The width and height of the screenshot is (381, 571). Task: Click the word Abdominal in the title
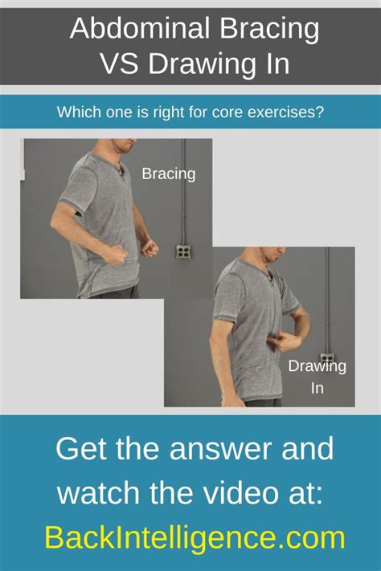pyautogui.click(x=129, y=30)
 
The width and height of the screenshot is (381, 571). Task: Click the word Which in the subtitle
pyautogui.click(x=78, y=112)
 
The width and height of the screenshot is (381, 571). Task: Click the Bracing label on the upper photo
pyautogui.click(x=168, y=173)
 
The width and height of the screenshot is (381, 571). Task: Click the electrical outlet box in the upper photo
pyautogui.click(x=183, y=251)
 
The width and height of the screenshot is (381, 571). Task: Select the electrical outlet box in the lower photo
pyautogui.click(x=327, y=358)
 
